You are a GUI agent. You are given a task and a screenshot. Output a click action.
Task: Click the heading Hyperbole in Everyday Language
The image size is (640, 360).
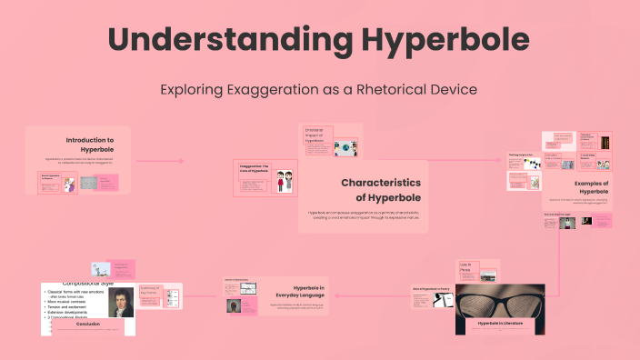pos(296,291)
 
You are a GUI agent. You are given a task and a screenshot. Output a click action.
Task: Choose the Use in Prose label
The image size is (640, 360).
pos(467,268)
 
